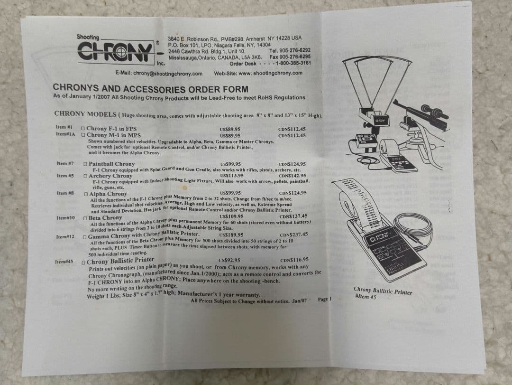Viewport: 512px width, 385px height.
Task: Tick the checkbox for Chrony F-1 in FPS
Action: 83,129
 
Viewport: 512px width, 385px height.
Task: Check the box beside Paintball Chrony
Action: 85,164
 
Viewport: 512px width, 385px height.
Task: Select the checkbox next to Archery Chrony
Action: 85,176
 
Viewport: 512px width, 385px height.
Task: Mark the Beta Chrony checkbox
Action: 85,218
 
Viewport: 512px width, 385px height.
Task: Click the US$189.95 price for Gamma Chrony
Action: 231,235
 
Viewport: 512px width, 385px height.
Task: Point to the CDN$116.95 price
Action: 294,260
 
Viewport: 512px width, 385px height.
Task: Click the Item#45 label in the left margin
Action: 64,262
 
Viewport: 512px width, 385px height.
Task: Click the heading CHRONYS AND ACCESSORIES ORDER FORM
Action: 150,88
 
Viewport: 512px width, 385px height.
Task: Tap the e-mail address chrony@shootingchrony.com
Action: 159,74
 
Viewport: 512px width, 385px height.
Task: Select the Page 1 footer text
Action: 325,299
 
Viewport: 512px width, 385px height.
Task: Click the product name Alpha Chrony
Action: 108,194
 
